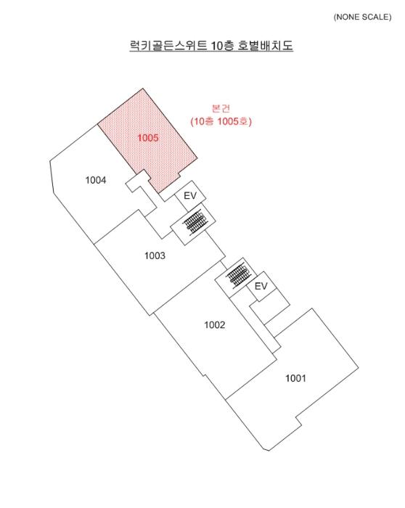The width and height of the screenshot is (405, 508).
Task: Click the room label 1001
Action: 295,378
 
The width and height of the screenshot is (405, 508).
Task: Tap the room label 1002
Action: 214,324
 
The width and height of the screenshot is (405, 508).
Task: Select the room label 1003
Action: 155,255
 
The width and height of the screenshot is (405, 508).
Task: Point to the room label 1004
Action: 96,180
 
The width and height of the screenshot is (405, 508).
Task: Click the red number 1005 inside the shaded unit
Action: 148,138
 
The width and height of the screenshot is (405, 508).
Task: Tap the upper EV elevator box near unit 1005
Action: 190,196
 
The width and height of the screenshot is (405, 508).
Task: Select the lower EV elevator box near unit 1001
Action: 261,286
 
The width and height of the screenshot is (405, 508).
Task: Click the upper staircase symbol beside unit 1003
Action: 193,222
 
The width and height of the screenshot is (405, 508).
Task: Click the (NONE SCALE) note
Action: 362,17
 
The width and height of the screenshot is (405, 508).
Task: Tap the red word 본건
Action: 221,108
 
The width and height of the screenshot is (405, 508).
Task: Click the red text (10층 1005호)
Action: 221,121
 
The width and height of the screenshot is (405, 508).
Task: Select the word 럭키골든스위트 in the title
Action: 168,45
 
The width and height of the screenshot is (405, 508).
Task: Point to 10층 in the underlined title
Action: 222,45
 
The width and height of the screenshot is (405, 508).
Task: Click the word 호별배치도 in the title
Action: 265,45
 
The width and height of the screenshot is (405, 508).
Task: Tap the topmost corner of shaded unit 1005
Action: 142,88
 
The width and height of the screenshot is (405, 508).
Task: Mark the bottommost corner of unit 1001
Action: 269,451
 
